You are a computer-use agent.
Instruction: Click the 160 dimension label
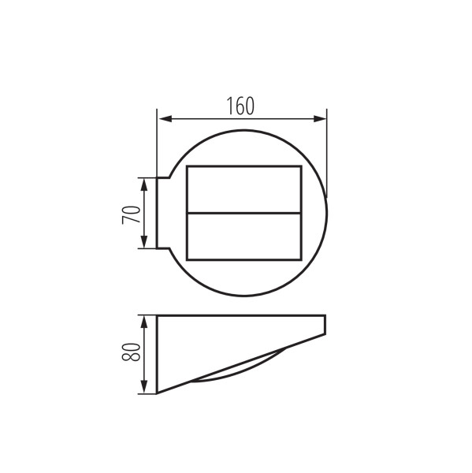tap(240, 106)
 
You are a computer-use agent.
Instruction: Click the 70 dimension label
tap(131, 214)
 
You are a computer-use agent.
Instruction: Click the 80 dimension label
tap(131, 352)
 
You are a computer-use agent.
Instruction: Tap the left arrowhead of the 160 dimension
tap(165, 119)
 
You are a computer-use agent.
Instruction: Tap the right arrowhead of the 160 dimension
tap(320, 119)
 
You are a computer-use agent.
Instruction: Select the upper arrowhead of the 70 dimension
tap(144, 184)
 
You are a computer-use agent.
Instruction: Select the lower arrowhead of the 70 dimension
tap(144, 242)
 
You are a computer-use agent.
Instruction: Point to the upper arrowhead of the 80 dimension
tap(144, 322)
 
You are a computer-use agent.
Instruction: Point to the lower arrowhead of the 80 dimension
tap(144, 387)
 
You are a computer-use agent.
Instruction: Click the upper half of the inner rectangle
tap(244, 189)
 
